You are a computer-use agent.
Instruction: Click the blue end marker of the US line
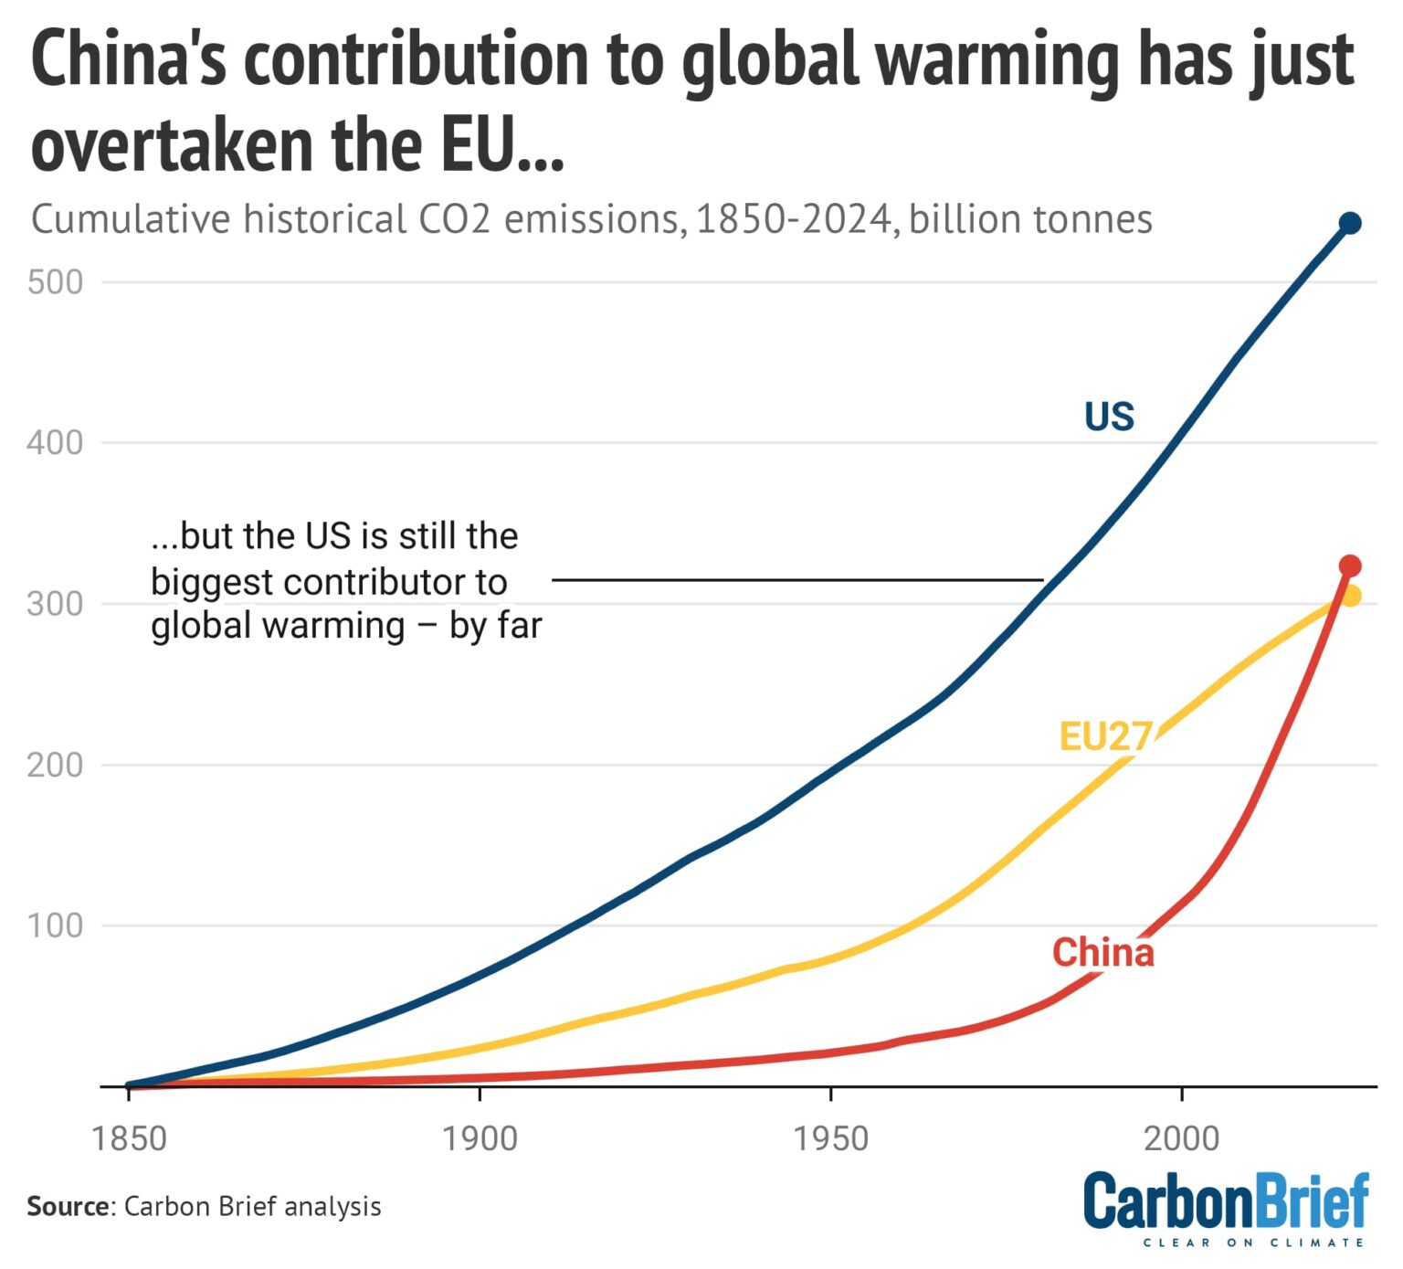1349,223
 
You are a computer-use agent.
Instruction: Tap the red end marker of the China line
1349,566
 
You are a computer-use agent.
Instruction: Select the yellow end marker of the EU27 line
1351,596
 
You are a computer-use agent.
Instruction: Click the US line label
1108,417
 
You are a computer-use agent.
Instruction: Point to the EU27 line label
1104,736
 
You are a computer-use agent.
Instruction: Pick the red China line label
1102,953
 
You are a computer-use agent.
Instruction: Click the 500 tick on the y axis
55,282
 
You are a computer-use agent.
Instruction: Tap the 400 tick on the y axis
55,443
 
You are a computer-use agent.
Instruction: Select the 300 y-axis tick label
55,604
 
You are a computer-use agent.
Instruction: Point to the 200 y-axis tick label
55,765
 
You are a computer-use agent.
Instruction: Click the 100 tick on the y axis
55,925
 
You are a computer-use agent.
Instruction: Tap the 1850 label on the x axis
129,1138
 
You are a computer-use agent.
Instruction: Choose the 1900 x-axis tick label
480,1138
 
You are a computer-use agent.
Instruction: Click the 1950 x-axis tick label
830,1138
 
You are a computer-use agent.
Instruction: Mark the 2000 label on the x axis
1181,1138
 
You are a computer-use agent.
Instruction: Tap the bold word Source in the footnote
68,1207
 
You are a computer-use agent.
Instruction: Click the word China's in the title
128,60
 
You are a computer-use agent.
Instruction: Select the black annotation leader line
796,579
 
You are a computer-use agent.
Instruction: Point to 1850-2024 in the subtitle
793,220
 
